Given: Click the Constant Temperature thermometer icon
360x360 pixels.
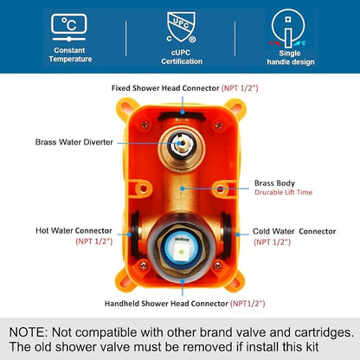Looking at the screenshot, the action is pyautogui.click(x=69, y=28).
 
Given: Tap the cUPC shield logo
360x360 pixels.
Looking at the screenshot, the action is pyautogui.click(x=181, y=28).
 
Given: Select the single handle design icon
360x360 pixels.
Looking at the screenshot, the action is pyautogui.click(x=288, y=29).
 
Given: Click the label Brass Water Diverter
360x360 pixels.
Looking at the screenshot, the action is pyautogui.click(x=74, y=142).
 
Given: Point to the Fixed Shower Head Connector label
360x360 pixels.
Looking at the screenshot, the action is pyautogui.click(x=165, y=88).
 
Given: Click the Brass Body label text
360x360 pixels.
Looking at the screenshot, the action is pyautogui.click(x=274, y=183).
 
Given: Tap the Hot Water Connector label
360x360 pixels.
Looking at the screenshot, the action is pyautogui.click(x=74, y=231).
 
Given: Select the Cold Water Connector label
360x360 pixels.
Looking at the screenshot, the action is pyautogui.click(x=294, y=231).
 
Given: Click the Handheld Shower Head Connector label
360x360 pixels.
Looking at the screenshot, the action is pyautogui.click(x=166, y=304).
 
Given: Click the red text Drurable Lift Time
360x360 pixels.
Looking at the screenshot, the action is pyautogui.click(x=284, y=192).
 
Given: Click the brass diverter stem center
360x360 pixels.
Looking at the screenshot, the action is pyautogui.click(x=179, y=143).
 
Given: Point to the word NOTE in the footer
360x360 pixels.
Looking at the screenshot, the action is pyautogui.click(x=28, y=332).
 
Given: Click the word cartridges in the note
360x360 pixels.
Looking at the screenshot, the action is pyautogui.click(x=324, y=332).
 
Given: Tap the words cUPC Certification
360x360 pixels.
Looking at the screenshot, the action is pyautogui.click(x=182, y=57).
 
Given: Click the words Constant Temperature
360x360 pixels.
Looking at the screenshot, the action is pyautogui.click(x=70, y=55).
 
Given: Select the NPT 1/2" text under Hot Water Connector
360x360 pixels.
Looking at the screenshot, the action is pyautogui.click(x=94, y=241).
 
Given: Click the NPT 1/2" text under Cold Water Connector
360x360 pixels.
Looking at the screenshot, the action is pyautogui.click(x=272, y=242).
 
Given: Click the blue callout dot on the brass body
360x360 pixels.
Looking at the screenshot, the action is pyautogui.click(x=183, y=189).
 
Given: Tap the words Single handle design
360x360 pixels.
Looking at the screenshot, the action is pyautogui.click(x=291, y=57).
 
